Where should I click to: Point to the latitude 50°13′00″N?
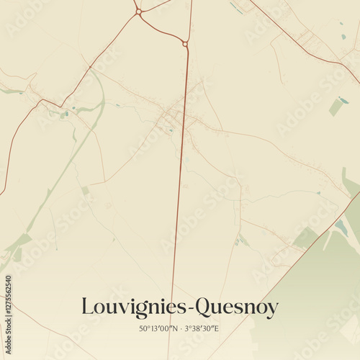click(x=158, y=329)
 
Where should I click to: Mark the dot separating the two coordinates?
click(x=180, y=329)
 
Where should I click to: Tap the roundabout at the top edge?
click(x=138, y=12)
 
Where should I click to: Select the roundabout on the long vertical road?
click(x=185, y=44)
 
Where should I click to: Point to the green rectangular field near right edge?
click(x=336, y=107)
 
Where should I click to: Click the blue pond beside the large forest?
click(x=341, y=228)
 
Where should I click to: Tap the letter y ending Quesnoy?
click(x=272, y=310)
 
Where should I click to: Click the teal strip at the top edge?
click(x=235, y=6)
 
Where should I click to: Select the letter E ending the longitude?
click(x=217, y=329)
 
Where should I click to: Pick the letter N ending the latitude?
click(x=174, y=329)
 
